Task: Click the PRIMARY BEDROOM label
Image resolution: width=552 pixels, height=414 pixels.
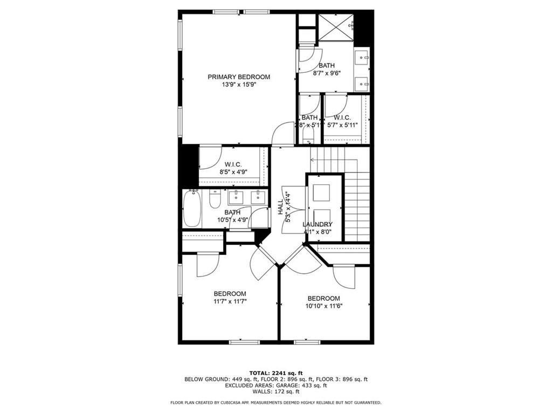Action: [x=239, y=77]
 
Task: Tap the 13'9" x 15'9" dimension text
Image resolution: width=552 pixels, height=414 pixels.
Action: [x=239, y=85]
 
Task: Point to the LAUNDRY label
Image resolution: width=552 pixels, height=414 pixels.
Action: [x=317, y=224]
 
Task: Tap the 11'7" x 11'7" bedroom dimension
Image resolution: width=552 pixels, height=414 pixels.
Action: [x=230, y=302]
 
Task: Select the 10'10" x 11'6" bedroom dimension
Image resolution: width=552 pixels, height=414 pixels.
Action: [x=323, y=306]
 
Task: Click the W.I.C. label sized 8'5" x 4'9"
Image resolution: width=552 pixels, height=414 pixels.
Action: [x=233, y=164]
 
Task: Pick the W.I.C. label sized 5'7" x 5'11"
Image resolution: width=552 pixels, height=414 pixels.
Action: [x=342, y=118]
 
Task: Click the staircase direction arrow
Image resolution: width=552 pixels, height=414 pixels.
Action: [x=313, y=160]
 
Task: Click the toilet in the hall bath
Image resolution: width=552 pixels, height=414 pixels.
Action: [x=214, y=201]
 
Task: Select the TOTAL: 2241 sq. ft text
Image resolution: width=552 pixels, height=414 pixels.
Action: [x=276, y=372]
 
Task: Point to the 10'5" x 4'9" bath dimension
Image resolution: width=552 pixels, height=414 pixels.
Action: [x=232, y=220]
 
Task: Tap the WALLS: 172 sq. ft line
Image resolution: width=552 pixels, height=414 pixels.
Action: [x=276, y=392]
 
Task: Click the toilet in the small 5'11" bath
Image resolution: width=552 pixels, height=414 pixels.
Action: [x=308, y=133]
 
